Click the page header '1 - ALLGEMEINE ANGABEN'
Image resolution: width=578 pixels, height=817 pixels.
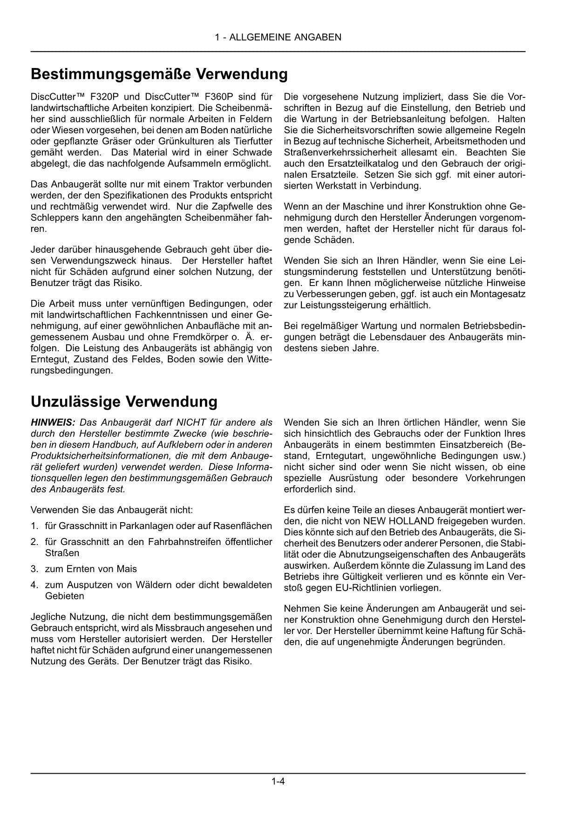click(x=278, y=37)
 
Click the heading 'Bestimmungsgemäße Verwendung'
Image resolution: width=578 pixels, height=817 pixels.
click(x=159, y=74)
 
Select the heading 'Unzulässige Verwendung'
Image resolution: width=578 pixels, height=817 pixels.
click(x=124, y=402)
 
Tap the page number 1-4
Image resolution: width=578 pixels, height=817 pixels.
click(x=278, y=781)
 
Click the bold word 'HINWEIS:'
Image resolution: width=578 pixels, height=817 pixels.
click(x=53, y=422)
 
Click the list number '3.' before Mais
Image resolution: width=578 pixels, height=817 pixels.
click(x=34, y=569)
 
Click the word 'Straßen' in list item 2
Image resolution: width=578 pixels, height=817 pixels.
click(x=62, y=553)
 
